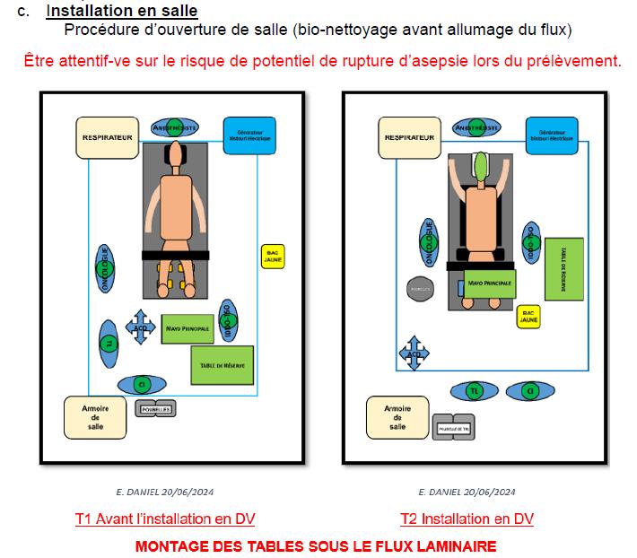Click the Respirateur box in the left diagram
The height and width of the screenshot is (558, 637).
click(107, 138)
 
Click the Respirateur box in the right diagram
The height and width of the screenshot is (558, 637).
click(409, 137)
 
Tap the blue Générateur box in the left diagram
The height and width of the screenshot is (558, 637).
click(247, 135)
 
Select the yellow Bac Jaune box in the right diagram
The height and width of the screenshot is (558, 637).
click(529, 316)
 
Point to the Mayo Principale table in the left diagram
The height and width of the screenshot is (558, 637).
click(188, 328)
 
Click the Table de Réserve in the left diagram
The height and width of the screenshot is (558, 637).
click(221, 364)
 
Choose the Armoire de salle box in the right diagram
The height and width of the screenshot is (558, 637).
click(397, 417)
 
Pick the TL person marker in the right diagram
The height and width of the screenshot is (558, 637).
click(475, 391)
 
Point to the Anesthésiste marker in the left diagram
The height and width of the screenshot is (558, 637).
click(174, 127)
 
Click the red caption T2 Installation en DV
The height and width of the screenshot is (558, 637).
click(467, 519)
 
